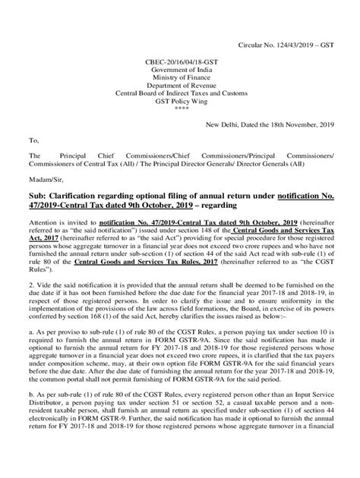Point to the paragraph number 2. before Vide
pos(31,302)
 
